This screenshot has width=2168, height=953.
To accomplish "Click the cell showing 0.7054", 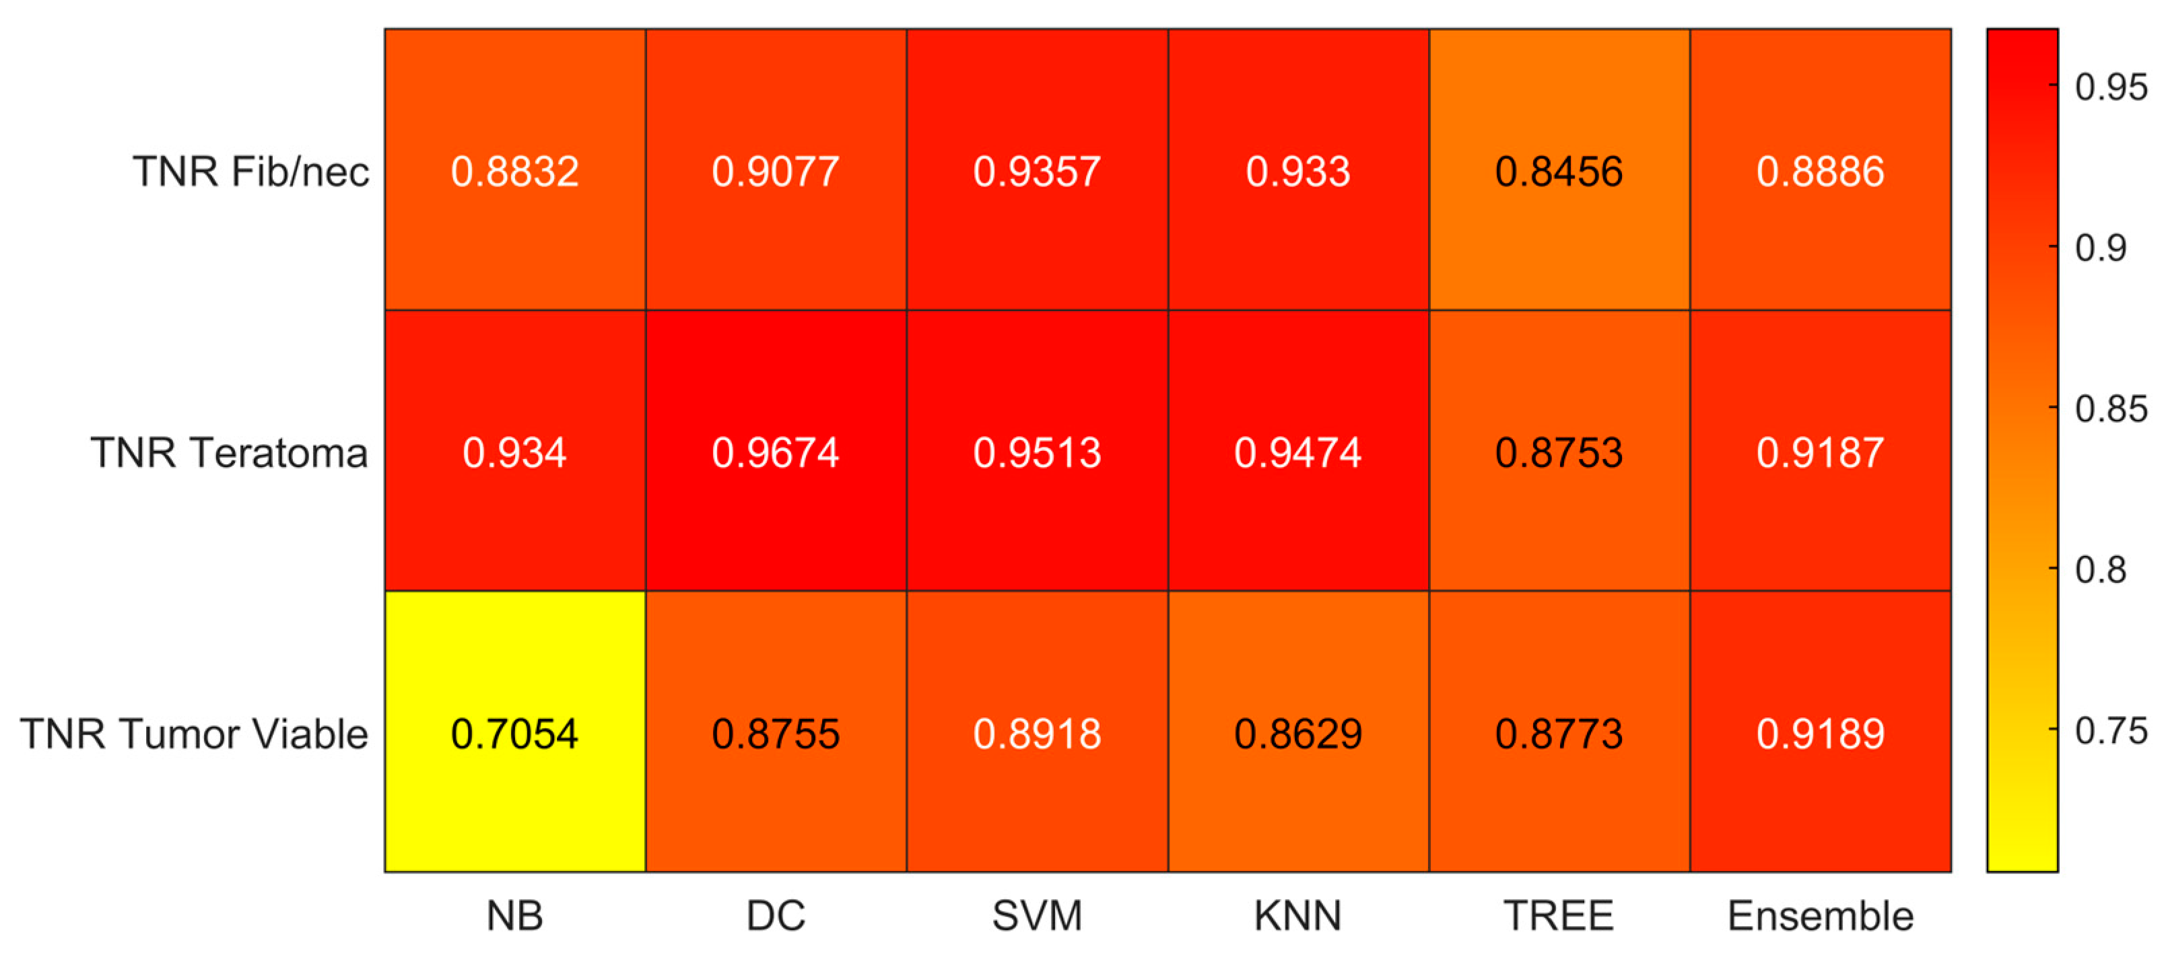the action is [515, 732].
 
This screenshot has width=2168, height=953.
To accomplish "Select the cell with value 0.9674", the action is [776, 451].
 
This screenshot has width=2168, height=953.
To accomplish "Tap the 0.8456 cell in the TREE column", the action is [1559, 170].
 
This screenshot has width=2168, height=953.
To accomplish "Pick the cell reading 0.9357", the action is [1037, 170].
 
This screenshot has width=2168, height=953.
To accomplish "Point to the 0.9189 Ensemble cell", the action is [1821, 732].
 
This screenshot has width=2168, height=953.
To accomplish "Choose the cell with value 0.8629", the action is [1299, 732].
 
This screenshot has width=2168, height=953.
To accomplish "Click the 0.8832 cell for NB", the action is [515, 170].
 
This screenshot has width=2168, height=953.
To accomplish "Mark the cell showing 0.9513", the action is [1037, 451].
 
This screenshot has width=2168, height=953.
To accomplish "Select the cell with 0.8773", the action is [1559, 732].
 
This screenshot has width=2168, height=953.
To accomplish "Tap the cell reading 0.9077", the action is [776, 170].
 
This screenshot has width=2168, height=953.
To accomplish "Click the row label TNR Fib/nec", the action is [250, 172].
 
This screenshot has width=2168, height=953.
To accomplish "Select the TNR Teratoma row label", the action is [230, 452].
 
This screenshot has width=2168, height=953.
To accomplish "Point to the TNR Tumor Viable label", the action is [195, 734].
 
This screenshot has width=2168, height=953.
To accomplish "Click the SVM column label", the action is [1037, 915].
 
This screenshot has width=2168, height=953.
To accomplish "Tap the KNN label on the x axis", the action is [1299, 915].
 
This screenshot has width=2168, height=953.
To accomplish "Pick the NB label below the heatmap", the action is [515, 915].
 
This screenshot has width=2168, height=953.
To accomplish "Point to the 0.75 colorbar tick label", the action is [2111, 730].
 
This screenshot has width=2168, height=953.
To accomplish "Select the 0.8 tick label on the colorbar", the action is [2101, 569].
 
